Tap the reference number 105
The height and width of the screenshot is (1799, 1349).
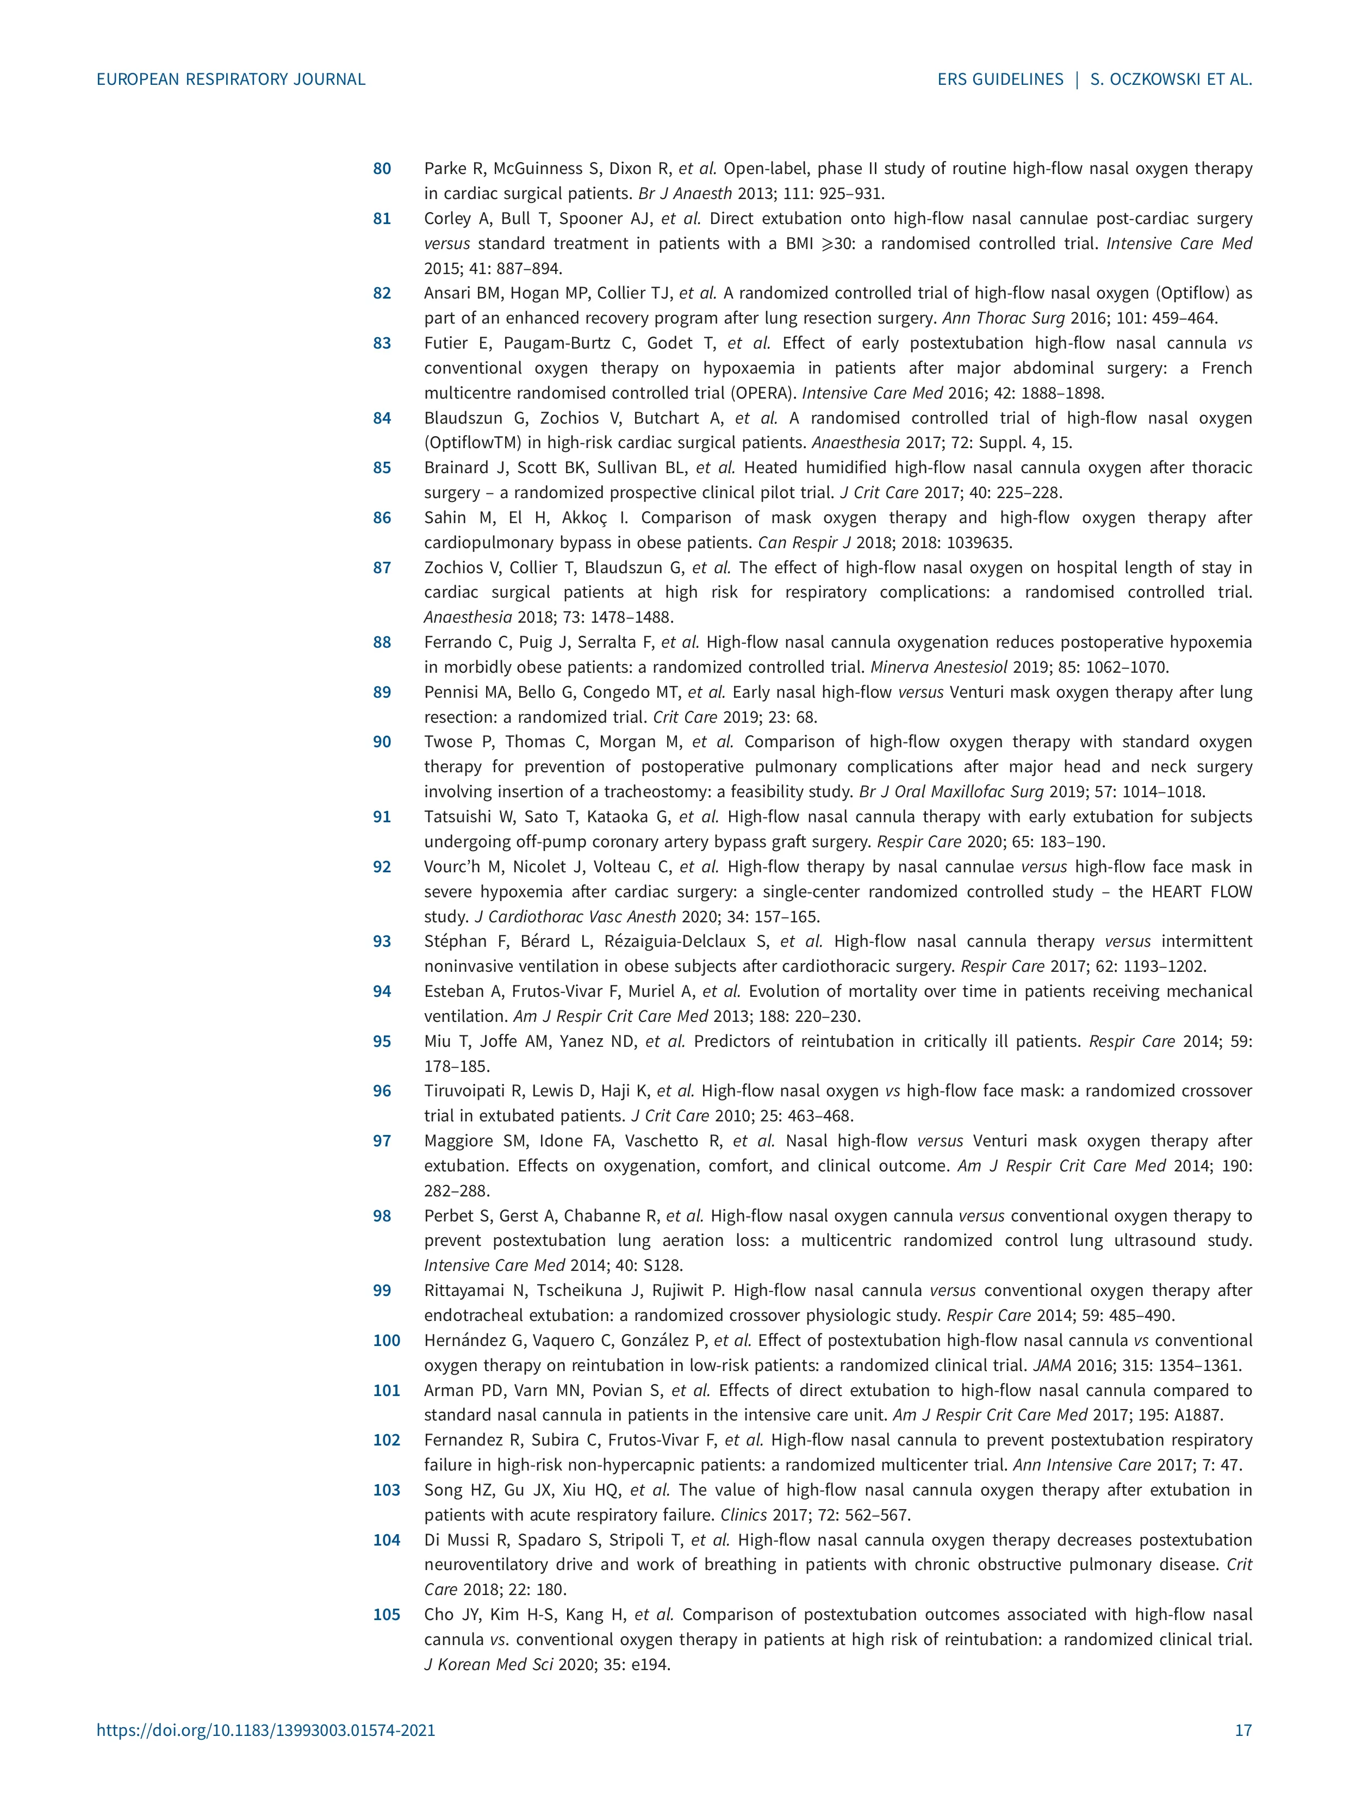point(387,1615)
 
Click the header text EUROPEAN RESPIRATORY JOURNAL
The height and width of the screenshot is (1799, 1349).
point(231,80)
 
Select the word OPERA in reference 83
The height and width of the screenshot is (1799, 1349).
point(764,394)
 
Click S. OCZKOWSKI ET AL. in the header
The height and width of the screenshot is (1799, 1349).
point(1170,80)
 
